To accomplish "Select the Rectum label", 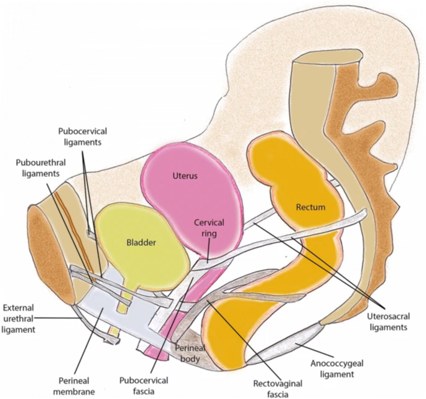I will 310,206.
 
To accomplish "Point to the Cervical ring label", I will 209,228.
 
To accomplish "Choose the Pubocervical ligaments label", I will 83,137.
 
